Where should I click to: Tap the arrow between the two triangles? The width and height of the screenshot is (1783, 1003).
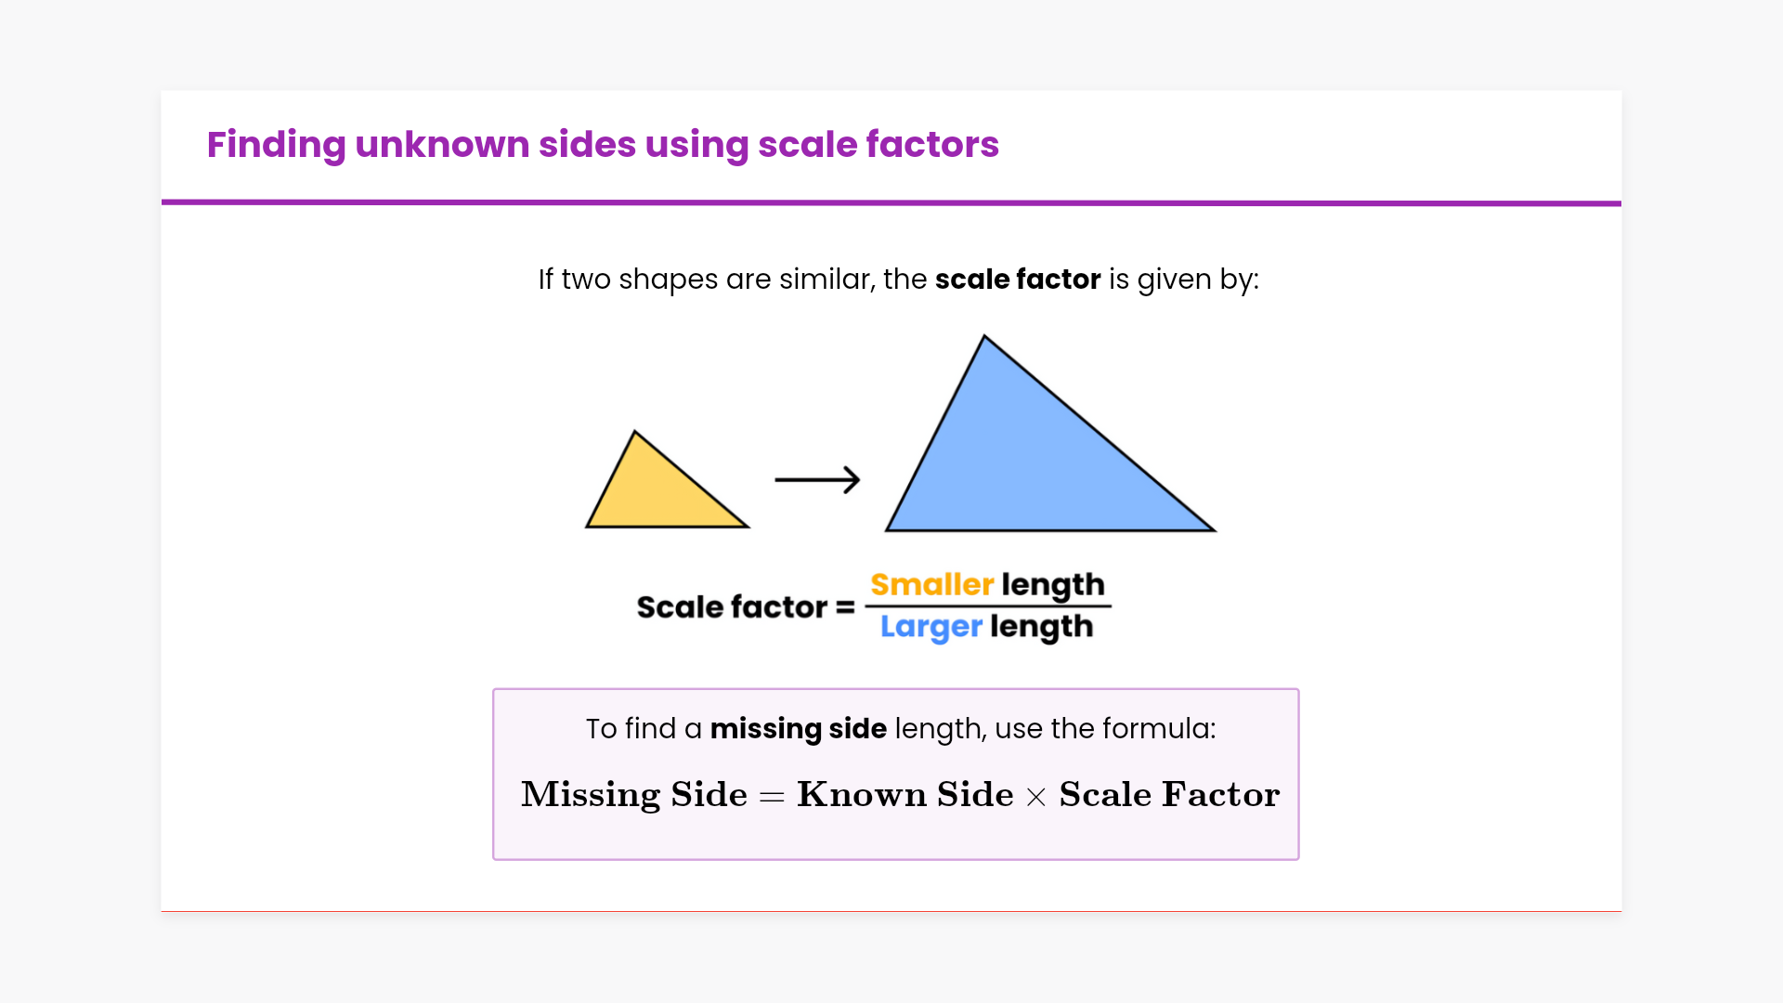coord(817,479)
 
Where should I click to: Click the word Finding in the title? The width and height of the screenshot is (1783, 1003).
coord(276,145)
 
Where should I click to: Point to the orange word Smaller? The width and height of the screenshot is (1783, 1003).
coord(932,584)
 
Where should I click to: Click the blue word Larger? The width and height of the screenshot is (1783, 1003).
coord(931,628)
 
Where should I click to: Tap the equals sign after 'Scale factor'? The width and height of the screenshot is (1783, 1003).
coord(845,607)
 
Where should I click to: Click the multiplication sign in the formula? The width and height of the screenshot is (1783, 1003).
coord(1036,797)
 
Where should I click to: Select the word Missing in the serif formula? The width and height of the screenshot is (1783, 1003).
coord(591,795)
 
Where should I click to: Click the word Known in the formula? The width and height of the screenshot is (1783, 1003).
coord(862,794)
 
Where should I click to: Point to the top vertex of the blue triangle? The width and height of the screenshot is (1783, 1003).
coord(984,335)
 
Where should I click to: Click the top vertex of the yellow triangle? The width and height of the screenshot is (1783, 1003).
coord(634,431)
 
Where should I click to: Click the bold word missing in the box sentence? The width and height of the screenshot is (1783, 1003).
coord(765,730)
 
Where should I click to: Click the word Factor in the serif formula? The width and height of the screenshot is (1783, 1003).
coord(1220,794)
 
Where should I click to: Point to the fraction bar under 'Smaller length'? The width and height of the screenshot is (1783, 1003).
coord(988,606)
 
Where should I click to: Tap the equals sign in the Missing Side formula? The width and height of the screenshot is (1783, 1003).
coord(772,797)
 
